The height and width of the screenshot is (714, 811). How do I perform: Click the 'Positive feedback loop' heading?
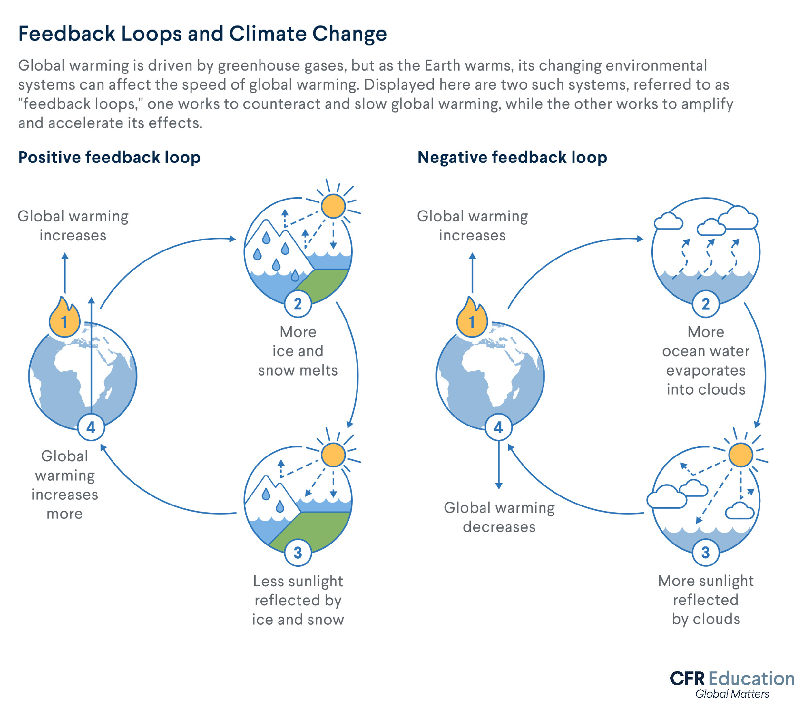(x=109, y=157)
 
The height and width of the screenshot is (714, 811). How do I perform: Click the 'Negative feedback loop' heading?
(x=512, y=157)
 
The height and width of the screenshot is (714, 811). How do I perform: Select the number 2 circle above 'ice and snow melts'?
(x=298, y=304)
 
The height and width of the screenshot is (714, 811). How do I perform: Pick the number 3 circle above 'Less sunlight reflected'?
(x=298, y=553)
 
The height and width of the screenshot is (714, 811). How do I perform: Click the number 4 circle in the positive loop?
(x=91, y=427)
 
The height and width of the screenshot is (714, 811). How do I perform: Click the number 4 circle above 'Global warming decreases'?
(x=498, y=427)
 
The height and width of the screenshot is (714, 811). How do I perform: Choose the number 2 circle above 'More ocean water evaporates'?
(x=706, y=304)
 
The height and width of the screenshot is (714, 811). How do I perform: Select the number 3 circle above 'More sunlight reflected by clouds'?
(x=706, y=553)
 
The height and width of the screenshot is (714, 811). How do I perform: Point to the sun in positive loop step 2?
(x=333, y=206)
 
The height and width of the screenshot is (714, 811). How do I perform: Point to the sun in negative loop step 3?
(x=740, y=455)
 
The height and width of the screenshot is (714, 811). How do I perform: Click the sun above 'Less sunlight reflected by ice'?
(x=333, y=455)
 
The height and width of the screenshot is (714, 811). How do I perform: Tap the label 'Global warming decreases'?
(x=499, y=517)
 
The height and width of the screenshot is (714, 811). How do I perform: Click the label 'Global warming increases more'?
(x=65, y=485)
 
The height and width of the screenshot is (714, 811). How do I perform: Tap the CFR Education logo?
(x=732, y=679)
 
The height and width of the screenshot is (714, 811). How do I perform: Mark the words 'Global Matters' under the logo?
(x=732, y=694)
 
